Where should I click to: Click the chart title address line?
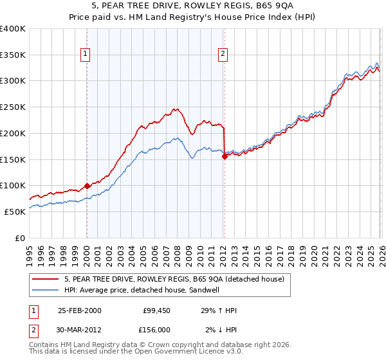pos(192,7)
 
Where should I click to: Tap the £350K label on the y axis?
pos(13,55)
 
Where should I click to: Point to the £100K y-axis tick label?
pos(13,185)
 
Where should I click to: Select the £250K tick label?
pos(13,107)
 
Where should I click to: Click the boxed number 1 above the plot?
pos(86,55)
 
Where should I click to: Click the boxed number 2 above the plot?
pos(223,55)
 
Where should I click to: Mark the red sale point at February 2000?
pos(87,186)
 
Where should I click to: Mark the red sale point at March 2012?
pos(225,156)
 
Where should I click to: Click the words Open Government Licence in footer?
pos(179,353)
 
